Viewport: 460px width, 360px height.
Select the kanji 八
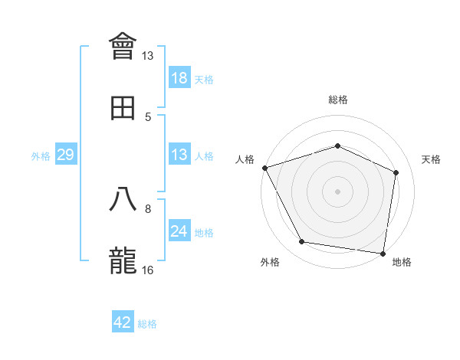pyautogui.click(x=123, y=199)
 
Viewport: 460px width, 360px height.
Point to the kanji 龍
pyautogui.click(x=123, y=260)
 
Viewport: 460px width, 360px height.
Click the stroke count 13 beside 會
pyautogui.click(x=148, y=56)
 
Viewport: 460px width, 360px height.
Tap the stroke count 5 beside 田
pyautogui.click(x=148, y=116)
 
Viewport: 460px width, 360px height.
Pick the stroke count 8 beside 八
pyautogui.click(x=148, y=208)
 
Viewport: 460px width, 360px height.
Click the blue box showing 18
pyautogui.click(x=179, y=78)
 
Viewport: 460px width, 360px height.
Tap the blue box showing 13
pyautogui.click(x=179, y=155)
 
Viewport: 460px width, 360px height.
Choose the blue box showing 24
pyautogui.click(x=179, y=231)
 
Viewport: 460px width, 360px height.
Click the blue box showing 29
pyautogui.click(x=65, y=155)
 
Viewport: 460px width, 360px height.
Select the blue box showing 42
pyautogui.click(x=123, y=322)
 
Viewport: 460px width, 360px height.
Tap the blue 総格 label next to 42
pyautogui.click(x=147, y=324)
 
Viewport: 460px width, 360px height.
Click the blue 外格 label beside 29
pyautogui.click(x=41, y=156)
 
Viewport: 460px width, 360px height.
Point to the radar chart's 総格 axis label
pyautogui.click(x=337, y=100)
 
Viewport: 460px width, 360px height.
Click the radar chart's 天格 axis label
pyautogui.click(x=432, y=159)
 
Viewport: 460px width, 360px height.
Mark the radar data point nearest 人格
pyautogui.click(x=264, y=168)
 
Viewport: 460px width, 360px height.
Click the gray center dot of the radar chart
pyautogui.click(x=337, y=191)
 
